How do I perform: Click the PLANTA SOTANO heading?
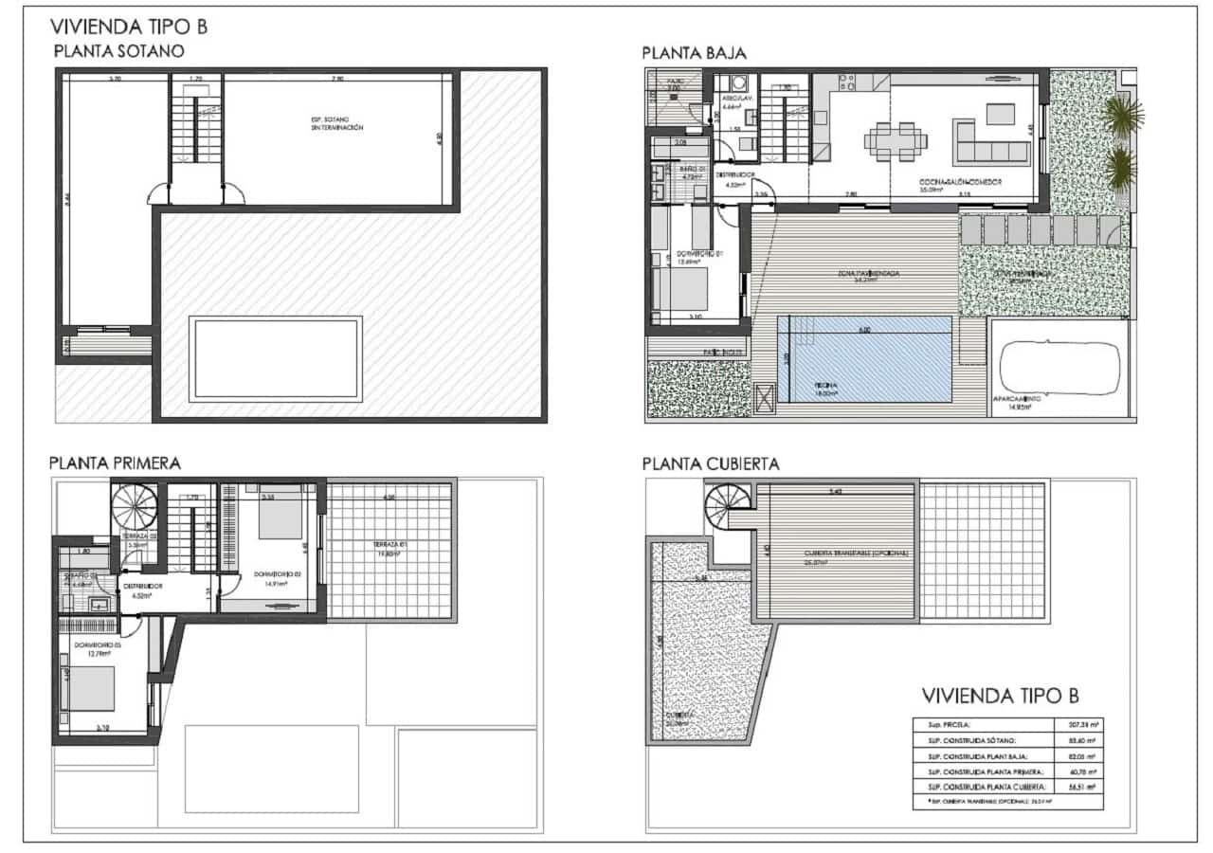pos(118,51)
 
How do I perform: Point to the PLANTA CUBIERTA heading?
pos(710,463)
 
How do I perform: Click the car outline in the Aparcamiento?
pos(1059,365)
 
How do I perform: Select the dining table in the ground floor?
pos(895,140)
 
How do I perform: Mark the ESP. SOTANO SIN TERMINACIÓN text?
pos(336,122)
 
